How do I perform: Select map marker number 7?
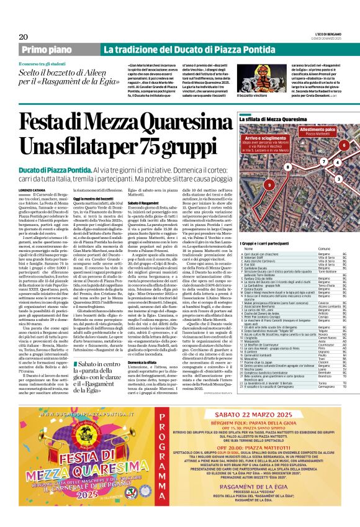pos(323,162)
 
